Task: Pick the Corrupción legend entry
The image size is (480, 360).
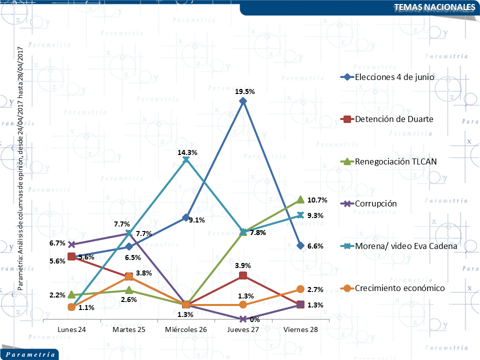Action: (375, 203)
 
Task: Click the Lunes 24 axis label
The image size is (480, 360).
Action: (71, 330)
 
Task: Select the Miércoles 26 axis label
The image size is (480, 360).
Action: (186, 330)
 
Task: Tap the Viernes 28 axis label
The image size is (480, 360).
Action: (300, 330)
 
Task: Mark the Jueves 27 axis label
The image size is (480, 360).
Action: (243, 330)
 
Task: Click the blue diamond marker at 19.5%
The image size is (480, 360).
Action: (243, 101)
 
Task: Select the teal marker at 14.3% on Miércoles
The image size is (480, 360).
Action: (186, 159)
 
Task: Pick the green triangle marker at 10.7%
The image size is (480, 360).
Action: (300, 199)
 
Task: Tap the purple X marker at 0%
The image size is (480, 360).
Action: (243, 319)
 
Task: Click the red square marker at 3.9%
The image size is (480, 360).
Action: (243, 275)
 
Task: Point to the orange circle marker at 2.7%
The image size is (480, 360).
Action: (300, 289)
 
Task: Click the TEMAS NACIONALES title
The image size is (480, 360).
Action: (434, 7)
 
